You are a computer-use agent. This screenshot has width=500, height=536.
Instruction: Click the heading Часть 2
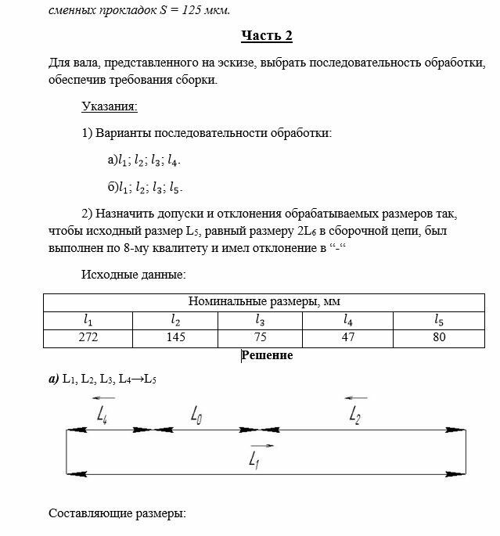266,37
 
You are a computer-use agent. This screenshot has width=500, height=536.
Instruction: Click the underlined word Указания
109,106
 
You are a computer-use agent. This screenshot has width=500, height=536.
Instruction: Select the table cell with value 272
88,338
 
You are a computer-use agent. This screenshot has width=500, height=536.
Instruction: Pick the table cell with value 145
175,338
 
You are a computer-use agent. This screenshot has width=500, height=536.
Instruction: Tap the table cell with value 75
261,338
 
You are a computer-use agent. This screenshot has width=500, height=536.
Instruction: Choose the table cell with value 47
348,338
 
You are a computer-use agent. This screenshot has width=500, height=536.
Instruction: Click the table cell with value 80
438,338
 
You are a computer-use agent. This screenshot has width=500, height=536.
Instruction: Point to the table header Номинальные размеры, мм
264,301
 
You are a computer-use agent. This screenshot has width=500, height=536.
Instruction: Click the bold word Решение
267,356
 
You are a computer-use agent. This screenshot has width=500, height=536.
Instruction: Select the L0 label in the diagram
196,417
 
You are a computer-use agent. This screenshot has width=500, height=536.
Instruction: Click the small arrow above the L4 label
103,398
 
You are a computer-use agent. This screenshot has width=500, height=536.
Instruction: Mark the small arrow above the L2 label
357,398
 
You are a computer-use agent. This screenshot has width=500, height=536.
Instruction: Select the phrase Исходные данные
133,274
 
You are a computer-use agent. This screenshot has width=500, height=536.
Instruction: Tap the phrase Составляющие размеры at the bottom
117,514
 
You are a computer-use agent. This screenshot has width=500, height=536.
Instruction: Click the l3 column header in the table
261,319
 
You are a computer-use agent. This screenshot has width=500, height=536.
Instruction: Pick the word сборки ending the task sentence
192,80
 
